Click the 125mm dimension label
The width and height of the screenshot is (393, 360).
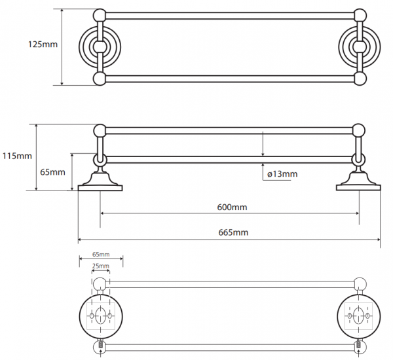[x=43, y=45]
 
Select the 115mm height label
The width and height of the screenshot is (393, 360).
[x=17, y=156]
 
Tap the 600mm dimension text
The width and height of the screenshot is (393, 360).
[x=232, y=207]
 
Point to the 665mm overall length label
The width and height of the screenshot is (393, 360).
[x=233, y=232]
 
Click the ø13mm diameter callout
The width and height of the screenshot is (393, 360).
[x=282, y=174]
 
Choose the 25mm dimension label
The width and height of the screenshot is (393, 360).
[x=100, y=266]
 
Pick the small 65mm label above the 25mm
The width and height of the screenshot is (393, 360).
[x=101, y=254]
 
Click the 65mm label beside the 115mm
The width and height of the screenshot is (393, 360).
[x=52, y=172]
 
